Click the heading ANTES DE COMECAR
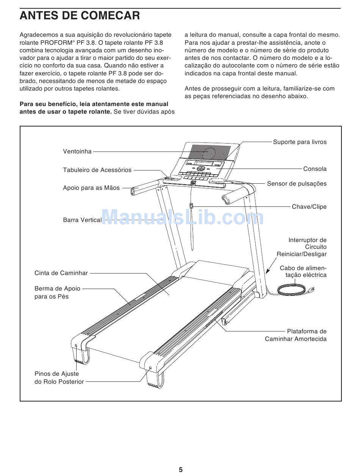(80, 16)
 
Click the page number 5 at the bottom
(181, 470)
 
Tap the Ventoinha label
(77, 152)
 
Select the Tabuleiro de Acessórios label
(97, 170)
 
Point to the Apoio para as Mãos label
(91, 188)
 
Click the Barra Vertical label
(82, 220)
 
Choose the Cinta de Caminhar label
(61, 273)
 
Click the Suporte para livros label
(299, 142)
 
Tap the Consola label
(315, 169)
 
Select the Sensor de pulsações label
(296, 184)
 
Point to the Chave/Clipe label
(309, 207)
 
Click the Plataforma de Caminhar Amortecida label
(296, 335)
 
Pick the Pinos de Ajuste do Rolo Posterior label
(59, 378)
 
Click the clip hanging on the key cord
(192, 206)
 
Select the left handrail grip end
(134, 191)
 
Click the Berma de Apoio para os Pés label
(57, 293)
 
